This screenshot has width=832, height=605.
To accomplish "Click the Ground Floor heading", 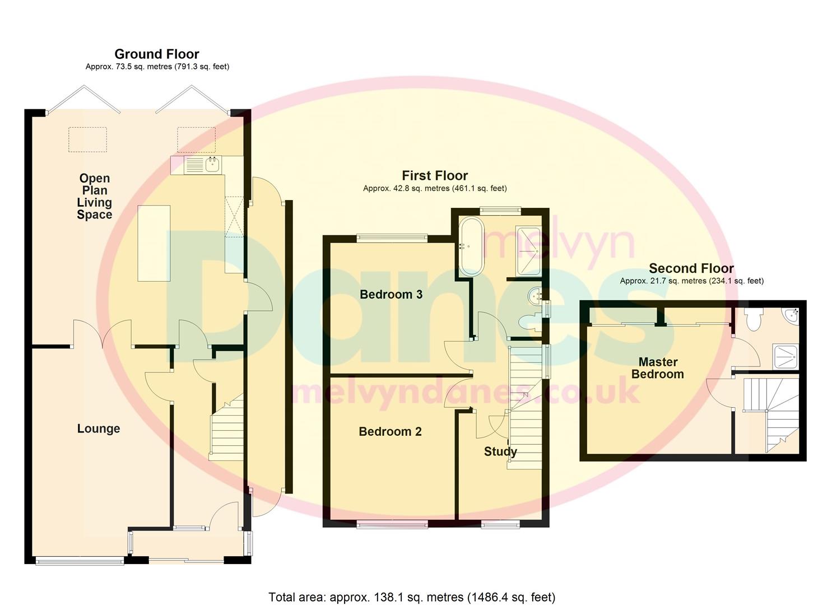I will [x=156, y=54].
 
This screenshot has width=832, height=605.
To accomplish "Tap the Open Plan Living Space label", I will [x=94, y=196].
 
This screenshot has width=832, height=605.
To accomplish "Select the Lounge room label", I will [x=99, y=429].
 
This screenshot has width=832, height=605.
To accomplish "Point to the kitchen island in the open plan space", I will [x=154, y=243].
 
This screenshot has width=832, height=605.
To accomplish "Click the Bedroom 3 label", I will [x=391, y=294].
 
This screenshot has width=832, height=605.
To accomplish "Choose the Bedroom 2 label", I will [x=390, y=431].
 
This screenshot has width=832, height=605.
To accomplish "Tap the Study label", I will [x=500, y=452].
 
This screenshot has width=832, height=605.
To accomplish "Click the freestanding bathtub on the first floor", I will [x=472, y=246].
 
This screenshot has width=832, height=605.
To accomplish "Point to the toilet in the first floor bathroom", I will [x=528, y=322].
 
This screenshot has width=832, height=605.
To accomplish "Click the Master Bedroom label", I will [x=657, y=368].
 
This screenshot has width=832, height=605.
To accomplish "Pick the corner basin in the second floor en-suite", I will [x=792, y=315].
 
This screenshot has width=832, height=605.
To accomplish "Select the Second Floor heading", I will [x=691, y=268].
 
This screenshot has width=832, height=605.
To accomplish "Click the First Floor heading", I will [x=434, y=175].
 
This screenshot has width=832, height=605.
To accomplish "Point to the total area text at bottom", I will [x=412, y=597].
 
